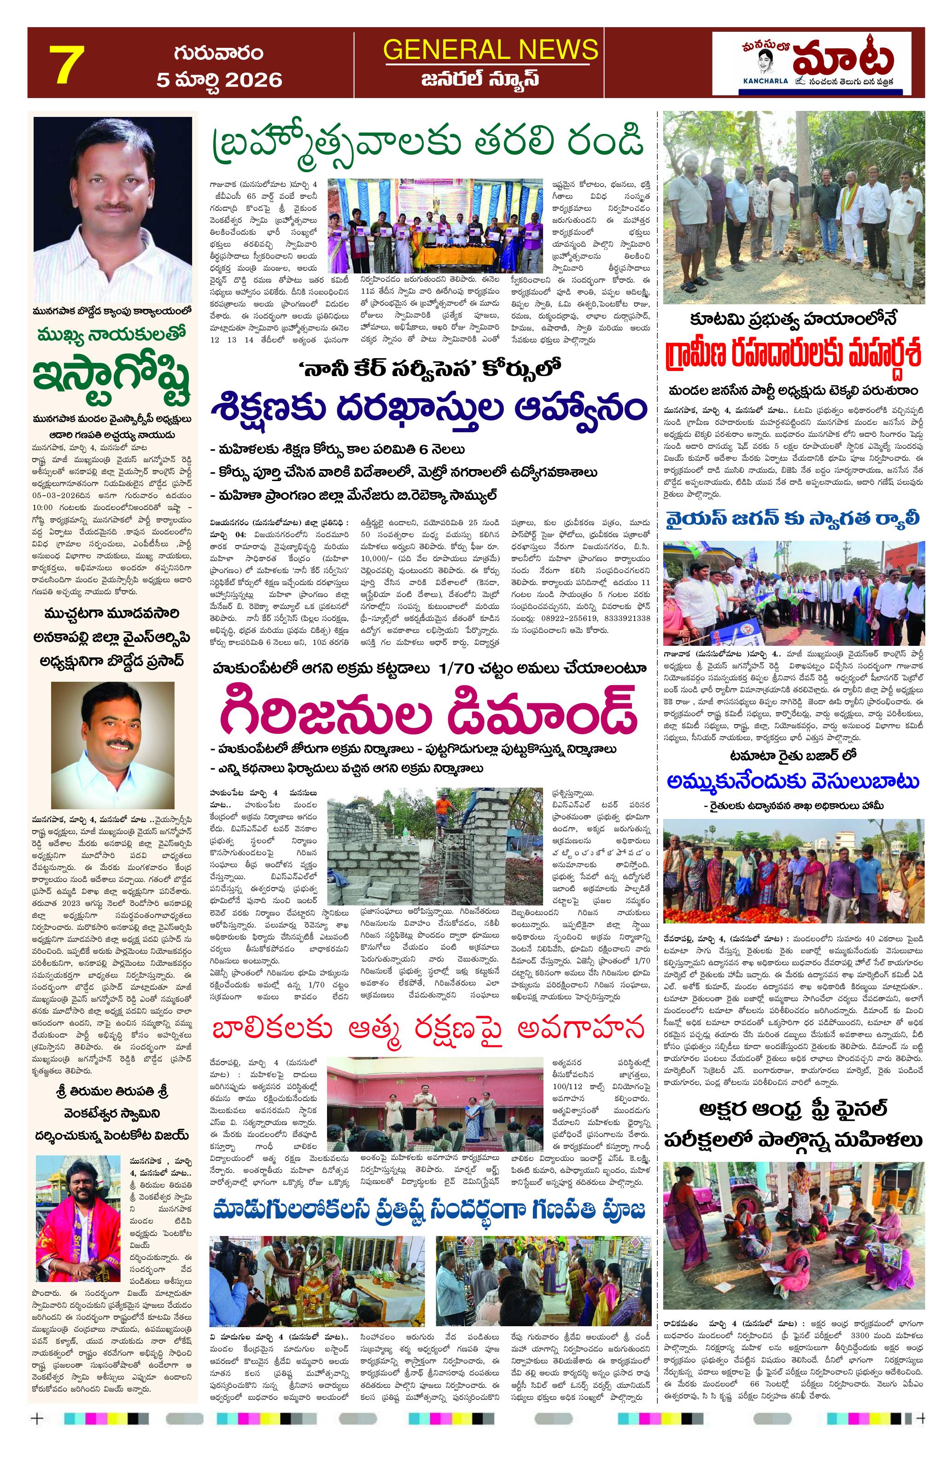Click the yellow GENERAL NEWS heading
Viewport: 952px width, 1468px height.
490,49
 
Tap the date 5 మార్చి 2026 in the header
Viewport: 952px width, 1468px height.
219,80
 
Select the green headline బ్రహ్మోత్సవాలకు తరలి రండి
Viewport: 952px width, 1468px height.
429,143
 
